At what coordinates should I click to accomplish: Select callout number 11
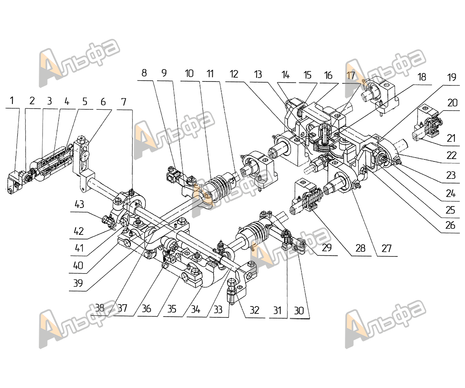pyautogui.click(x=210, y=74)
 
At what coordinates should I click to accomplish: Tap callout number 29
pyautogui.click(x=327, y=248)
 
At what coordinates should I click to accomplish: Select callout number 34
pyautogui.click(x=196, y=309)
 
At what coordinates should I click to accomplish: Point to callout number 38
pyautogui.click(x=100, y=308)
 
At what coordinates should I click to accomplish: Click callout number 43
pyautogui.click(x=79, y=204)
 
